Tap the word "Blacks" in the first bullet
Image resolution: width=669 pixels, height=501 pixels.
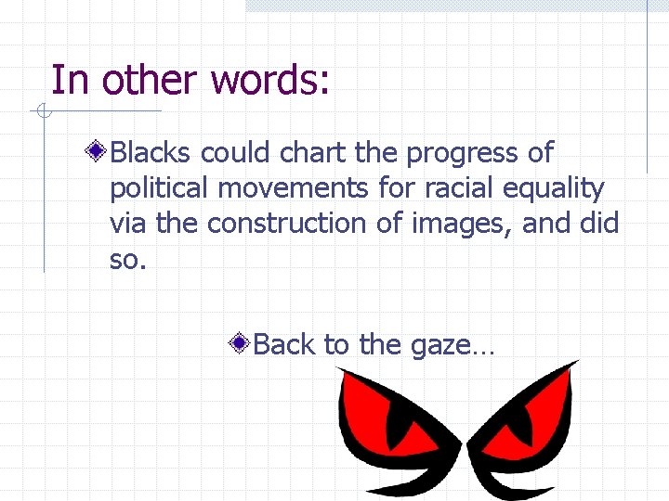coord(151,153)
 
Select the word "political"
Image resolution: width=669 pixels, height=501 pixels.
coord(159,189)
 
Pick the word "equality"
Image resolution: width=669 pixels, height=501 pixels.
coord(554,189)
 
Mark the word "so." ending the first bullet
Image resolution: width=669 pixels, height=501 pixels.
coord(128,259)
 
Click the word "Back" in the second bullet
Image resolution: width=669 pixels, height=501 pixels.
coord(283,344)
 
